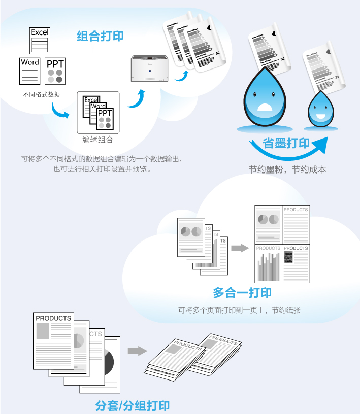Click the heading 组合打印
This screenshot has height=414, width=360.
coord(100,36)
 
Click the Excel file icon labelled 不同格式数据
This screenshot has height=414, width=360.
coord(40,41)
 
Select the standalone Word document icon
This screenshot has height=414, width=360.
coord(30,71)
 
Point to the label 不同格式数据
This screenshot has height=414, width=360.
coord(42,94)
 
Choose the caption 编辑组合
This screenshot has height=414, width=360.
coord(97,140)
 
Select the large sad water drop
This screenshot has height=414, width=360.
coord(267,94)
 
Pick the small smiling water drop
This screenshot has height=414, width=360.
coord(320,110)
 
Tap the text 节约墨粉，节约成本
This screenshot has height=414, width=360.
coord(287,169)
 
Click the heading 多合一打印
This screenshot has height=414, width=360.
coord(242,293)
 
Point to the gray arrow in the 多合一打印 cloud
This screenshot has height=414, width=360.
coord(238,248)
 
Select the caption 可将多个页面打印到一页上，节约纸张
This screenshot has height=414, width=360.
coord(239,309)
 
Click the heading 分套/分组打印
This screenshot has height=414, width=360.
coord(132,405)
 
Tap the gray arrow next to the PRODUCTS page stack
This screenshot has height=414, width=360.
coord(137,351)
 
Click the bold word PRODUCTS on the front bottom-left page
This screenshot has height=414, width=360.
coord(53,318)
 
